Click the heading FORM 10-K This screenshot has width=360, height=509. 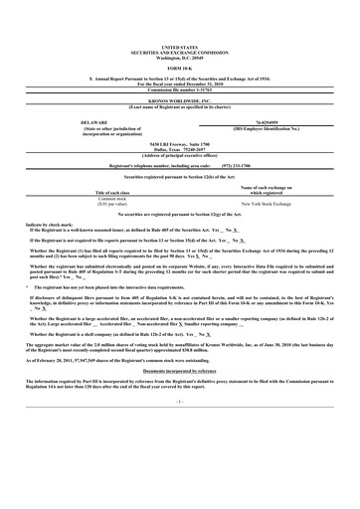[179, 40]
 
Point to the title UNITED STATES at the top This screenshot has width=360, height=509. [179, 19]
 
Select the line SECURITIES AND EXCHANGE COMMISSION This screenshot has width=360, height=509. [179, 24]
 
